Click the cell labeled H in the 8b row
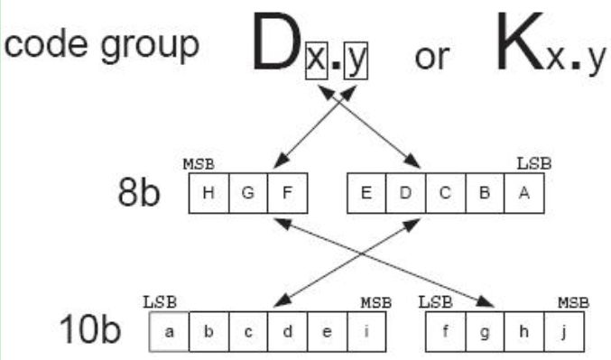[208, 196]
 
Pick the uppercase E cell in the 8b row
[367, 196]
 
